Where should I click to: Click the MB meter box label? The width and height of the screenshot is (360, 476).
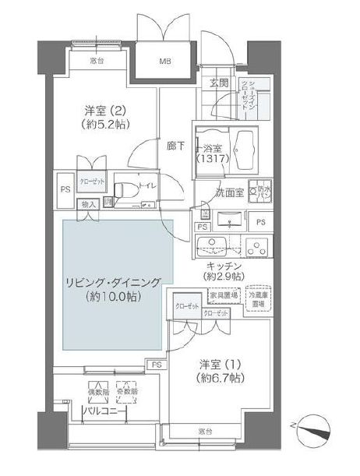pos(166,61)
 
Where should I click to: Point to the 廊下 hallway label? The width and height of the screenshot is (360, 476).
pos(176,144)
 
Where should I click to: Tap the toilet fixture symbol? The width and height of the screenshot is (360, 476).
pos(125,192)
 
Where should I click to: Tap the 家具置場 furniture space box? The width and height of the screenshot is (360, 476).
pos(224,295)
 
